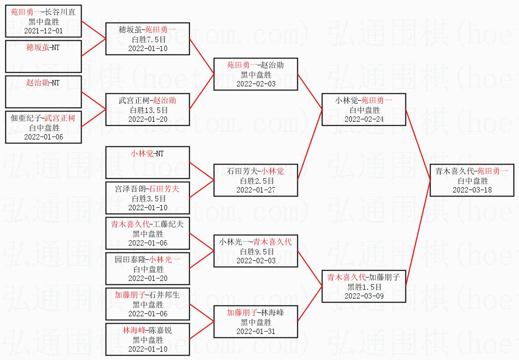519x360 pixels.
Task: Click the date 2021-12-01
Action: pos(43,31)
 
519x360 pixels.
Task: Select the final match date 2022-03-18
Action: pos(472,190)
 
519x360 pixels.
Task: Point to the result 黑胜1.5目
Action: pos(364,287)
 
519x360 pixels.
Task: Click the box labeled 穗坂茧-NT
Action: pos(43,56)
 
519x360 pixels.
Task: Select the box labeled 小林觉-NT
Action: pos(147,163)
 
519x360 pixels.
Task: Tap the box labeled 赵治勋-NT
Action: pos(43,92)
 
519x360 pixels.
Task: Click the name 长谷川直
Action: pos(60,12)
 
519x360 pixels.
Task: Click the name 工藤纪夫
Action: pos(168,224)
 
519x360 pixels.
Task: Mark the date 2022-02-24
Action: pos(364,119)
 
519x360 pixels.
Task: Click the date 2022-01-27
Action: pos(256,190)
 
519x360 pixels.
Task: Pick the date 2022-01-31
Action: pos(256,331)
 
